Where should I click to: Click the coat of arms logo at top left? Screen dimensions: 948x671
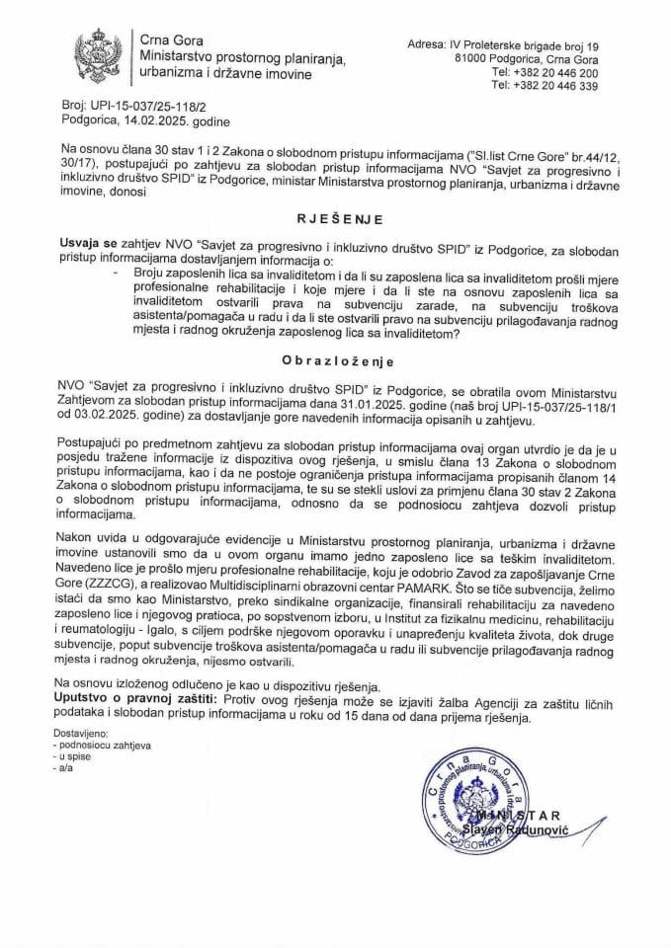(x=99, y=57)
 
